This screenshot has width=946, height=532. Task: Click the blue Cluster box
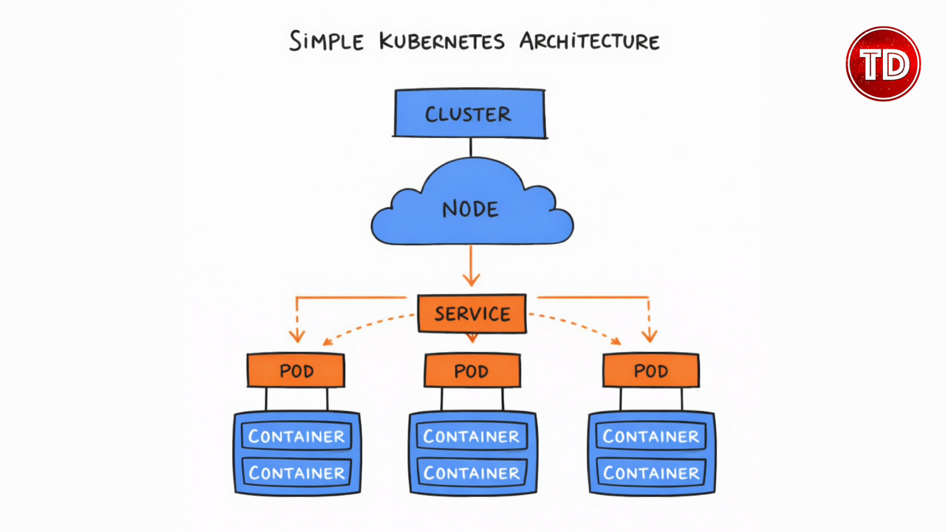(x=470, y=113)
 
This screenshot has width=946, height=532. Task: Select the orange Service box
(x=472, y=314)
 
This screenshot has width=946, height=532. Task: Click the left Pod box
(x=296, y=370)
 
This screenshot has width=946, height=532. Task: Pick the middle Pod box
(x=472, y=370)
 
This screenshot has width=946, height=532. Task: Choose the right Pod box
(x=651, y=370)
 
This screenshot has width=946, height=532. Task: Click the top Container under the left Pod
(x=297, y=436)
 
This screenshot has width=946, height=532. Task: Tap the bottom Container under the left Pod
(x=297, y=473)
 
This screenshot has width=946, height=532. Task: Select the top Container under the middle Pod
(x=472, y=436)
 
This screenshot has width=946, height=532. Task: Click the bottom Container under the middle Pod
(x=472, y=473)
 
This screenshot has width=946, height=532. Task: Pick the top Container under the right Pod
(x=651, y=436)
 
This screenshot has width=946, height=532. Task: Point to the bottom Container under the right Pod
(x=651, y=473)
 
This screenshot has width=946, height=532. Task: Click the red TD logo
(x=883, y=64)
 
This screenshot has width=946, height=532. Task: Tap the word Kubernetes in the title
(x=442, y=41)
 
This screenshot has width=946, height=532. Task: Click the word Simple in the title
(x=326, y=41)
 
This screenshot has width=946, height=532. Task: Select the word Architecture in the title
(x=590, y=41)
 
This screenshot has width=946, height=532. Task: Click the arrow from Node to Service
(x=471, y=266)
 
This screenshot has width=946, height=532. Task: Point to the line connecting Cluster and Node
(x=471, y=147)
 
